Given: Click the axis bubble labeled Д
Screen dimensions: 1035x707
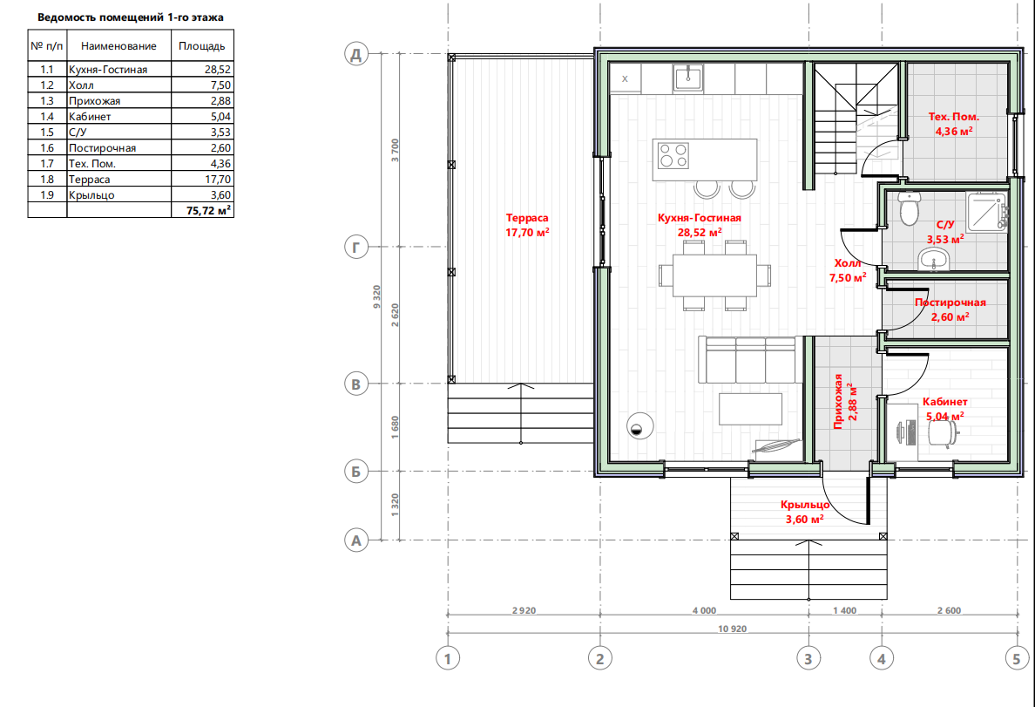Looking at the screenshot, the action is point(356,53).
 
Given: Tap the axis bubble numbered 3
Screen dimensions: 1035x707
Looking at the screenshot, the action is point(808,658).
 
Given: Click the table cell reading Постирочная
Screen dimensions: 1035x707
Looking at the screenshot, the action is point(102,148).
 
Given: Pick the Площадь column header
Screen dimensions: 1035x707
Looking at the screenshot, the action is point(202,46).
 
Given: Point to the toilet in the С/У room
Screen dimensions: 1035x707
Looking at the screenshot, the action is point(909,207).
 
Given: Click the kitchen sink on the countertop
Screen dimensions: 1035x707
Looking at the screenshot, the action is point(688,78).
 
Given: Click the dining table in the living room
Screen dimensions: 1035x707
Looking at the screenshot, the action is point(715,275).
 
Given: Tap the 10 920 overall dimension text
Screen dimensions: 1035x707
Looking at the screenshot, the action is point(732,629).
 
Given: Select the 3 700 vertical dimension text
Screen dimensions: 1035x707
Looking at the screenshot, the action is point(395,150).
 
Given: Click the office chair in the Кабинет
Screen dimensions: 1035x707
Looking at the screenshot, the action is point(944,432).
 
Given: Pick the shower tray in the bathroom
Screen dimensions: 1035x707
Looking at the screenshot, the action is point(987,212).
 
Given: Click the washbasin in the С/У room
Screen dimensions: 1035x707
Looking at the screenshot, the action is point(933,259).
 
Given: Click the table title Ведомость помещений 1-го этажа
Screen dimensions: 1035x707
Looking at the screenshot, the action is point(131,17).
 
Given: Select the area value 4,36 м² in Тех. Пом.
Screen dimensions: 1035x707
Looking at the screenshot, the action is point(954,131).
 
